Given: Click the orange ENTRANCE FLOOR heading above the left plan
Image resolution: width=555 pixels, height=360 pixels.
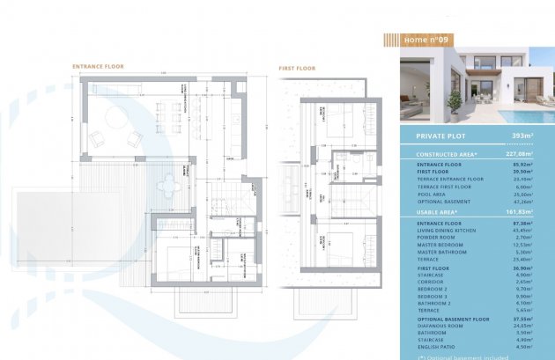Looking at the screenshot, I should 98,67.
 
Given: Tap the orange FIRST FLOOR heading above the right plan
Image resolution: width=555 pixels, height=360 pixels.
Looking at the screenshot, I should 297,67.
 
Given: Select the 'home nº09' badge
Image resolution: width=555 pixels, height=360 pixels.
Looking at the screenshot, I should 426,40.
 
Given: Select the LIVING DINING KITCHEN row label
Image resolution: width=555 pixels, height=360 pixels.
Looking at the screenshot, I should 445,231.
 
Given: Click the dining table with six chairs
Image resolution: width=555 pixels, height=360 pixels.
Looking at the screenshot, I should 166,112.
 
